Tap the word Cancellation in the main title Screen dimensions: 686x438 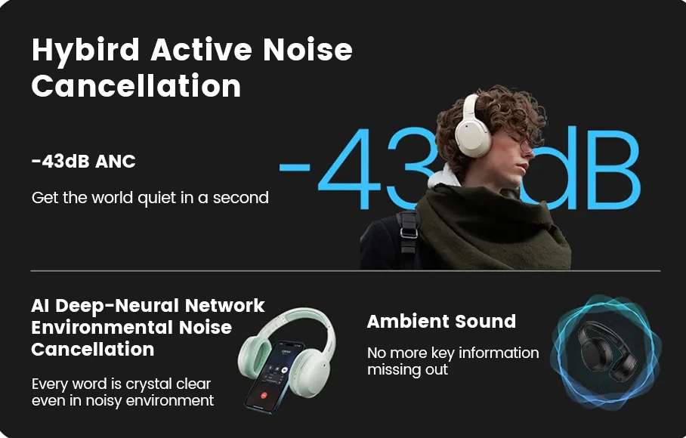pyautogui.click(x=136, y=85)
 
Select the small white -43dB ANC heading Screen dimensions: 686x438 pyautogui.click(x=84, y=162)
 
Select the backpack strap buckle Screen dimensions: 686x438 pyautogui.click(x=408, y=233)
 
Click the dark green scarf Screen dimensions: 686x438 pyautogui.click(x=490, y=227)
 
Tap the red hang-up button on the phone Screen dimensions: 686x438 pyautogui.click(x=264, y=396)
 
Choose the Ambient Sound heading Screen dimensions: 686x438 pyautogui.click(x=441, y=321)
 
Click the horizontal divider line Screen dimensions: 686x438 pyautogui.click(x=345, y=271)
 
